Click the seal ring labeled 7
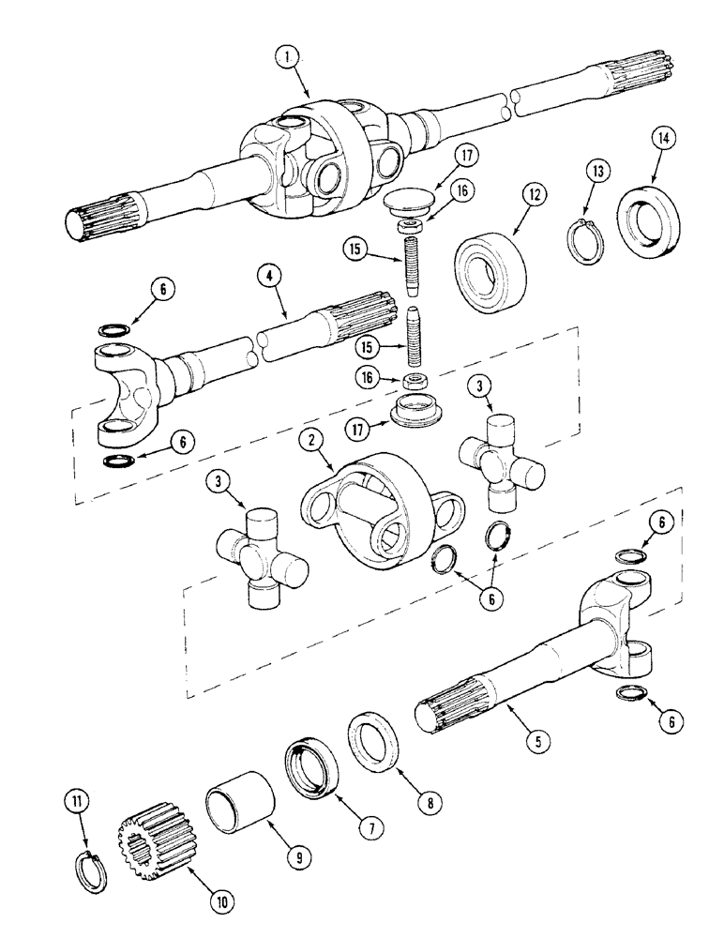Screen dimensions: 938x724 [312, 769]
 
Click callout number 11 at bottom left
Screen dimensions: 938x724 [76, 802]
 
